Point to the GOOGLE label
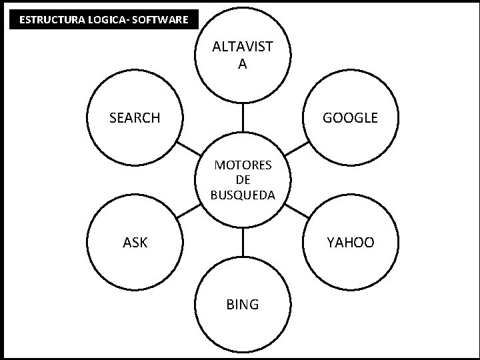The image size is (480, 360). pyautogui.click(x=350, y=118)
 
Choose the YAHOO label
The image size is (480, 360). pyautogui.click(x=350, y=243)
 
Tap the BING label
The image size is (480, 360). pyautogui.click(x=243, y=305)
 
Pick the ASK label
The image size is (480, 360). pyautogui.click(x=135, y=243)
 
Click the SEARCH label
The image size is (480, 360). pyautogui.click(x=135, y=118)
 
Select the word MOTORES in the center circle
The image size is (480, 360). pyautogui.click(x=243, y=165)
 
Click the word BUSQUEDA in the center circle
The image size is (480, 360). pyautogui.click(x=243, y=195)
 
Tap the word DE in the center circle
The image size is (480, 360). pyautogui.click(x=243, y=180)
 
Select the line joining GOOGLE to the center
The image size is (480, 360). pyautogui.click(x=297, y=149)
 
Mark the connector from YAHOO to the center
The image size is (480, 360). pyautogui.click(x=297, y=211)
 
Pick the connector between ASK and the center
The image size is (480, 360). pyautogui.click(x=189, y=211)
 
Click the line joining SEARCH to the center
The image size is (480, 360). pyautogui.click(x=188, y=148)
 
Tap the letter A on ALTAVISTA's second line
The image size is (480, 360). pyautogui.click(x=242, y=64)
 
